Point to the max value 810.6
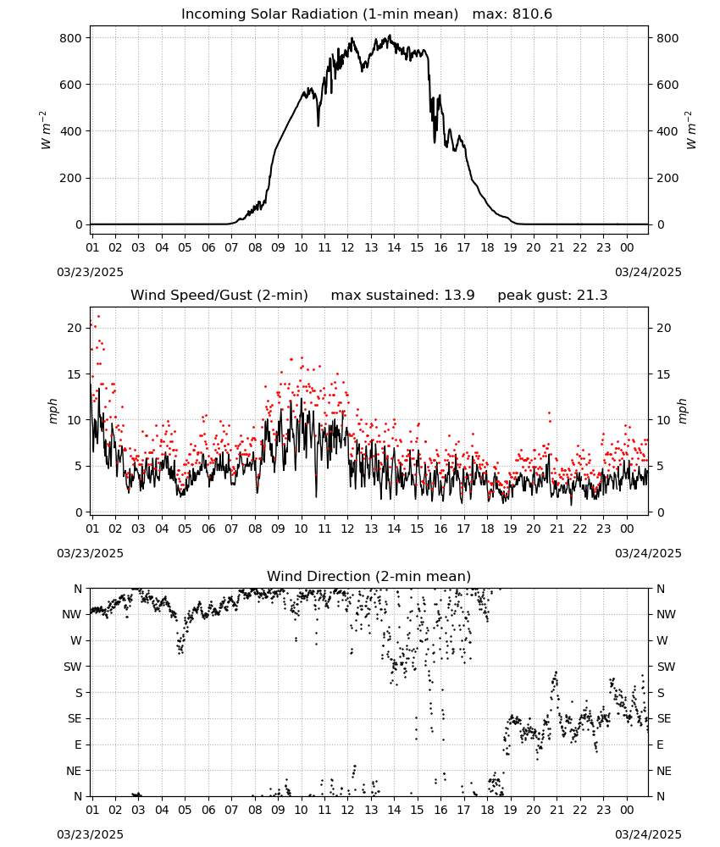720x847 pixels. click(532, 14)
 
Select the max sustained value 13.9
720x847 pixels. click(459, 296)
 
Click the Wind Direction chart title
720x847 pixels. click(369, 576)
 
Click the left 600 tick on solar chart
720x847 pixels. click(71, 85)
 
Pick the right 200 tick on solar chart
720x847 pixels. click(667, 178)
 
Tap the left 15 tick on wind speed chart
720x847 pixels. click(75, 374)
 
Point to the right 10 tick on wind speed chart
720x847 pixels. click(664, 420)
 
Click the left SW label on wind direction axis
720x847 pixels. click(73, 667)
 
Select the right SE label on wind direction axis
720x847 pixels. click(664, 719)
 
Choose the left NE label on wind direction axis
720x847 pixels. click(74, 772)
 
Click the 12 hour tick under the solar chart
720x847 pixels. click(347, 248)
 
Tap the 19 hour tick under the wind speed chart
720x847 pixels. click(511, 529)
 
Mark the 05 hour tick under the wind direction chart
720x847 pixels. click(185, 811)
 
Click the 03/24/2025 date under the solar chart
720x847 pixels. click(648, 272)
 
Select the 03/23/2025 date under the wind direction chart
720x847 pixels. click(90, 834)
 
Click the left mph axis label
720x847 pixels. click(53, 411)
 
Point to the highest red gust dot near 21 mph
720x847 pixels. click(98, 317)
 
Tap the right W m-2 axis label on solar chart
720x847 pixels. click(691, 130)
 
